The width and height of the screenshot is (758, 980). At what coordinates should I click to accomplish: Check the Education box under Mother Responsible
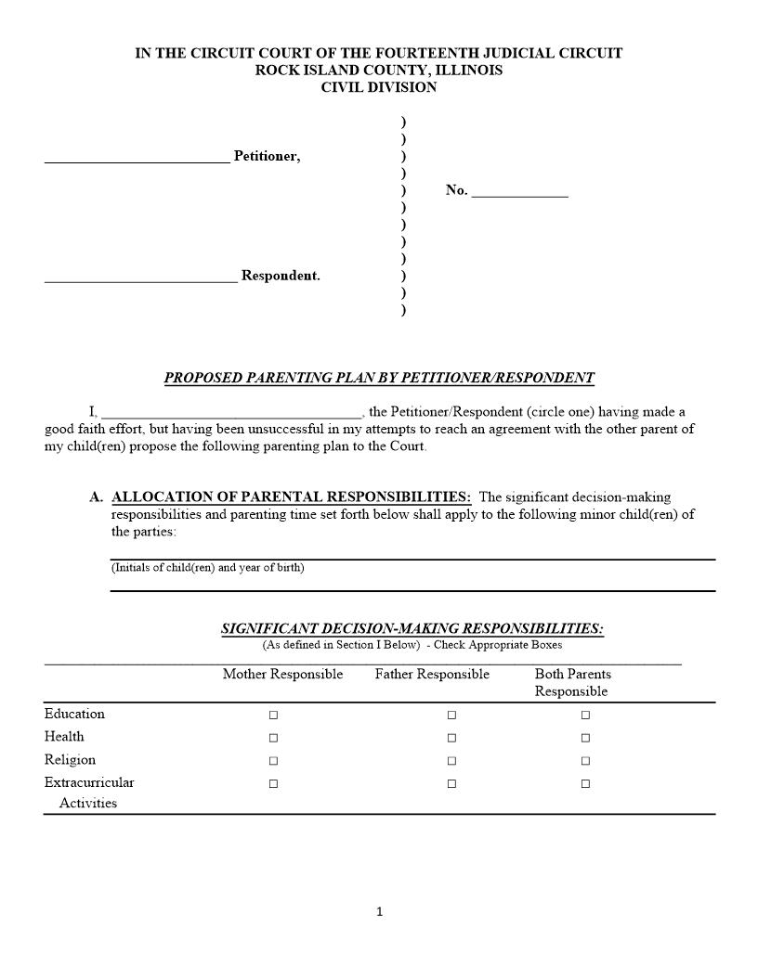273,716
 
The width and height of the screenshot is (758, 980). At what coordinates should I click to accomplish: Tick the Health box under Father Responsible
451,738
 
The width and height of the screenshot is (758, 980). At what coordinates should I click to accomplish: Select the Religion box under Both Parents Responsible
585,761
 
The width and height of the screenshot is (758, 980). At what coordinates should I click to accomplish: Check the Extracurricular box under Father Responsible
451,784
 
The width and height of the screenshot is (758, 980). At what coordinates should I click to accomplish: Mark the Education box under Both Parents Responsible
585,716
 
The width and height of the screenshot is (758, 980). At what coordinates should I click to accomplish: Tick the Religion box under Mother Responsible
273,761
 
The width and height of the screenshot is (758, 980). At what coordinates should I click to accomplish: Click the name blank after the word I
230,414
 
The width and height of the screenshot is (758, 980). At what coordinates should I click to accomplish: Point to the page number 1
379,911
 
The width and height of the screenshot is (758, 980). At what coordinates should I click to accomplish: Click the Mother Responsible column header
282,675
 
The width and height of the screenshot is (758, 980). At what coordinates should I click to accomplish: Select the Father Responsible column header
432,675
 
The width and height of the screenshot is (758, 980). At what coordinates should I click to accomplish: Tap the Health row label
64,737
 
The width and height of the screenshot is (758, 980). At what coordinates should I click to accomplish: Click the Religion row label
70,760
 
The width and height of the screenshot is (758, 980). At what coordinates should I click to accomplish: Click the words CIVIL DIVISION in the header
379,87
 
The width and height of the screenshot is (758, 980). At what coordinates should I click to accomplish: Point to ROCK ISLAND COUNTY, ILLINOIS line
379,71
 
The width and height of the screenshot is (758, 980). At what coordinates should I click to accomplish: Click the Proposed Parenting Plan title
379,378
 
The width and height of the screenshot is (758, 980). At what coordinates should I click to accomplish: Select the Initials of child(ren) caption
207,568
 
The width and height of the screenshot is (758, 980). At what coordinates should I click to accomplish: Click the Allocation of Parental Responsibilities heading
291,497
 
